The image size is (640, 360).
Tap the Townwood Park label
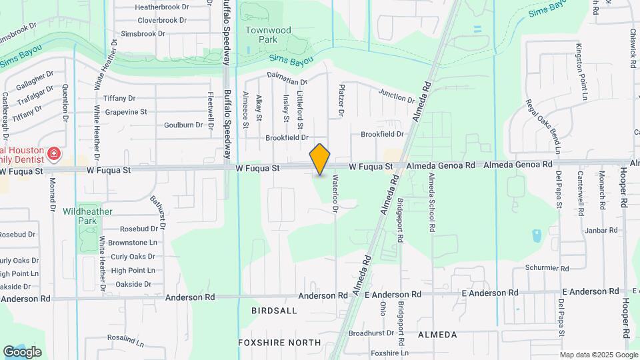[x=268, y=35]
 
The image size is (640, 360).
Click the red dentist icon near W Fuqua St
[x=54, y=156]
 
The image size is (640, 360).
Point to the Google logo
[x=22, y=351]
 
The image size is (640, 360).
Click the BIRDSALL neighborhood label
[x=274, y=311]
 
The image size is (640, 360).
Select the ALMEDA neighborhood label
[x=437, y=334]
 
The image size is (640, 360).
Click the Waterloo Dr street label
[x=335, y=194]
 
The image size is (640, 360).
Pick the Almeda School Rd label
[x=432, y=202]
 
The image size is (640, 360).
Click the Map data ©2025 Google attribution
[x=598, y=355]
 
